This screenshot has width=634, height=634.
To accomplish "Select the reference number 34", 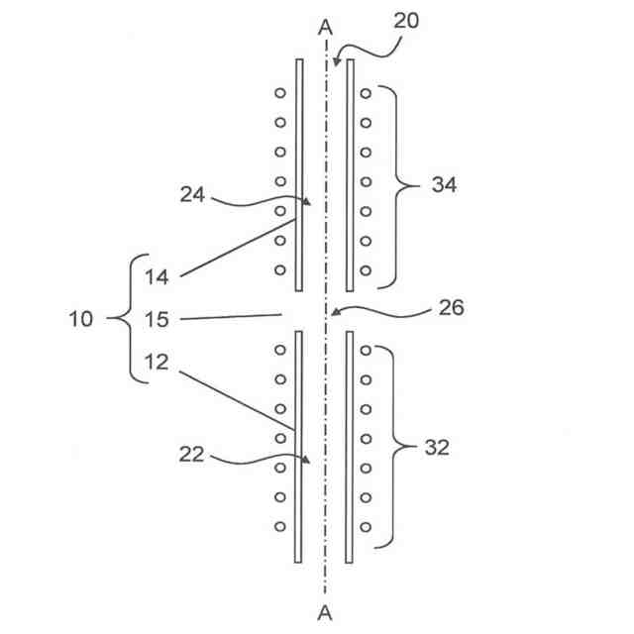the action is click(x=443, y=184).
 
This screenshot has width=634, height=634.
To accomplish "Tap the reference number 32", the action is click(x=436, y=447).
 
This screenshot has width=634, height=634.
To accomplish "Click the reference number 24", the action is click(x=194, y=195).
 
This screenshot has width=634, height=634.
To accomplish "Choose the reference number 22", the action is click(x=194, y=455).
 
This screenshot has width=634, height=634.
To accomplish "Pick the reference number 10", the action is click(x=82, y=319).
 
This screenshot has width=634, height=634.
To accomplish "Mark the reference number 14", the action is click(x=158, y=276).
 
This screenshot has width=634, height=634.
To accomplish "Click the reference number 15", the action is click(x=158, y=319).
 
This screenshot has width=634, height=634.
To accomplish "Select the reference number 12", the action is click(x=158, y=362).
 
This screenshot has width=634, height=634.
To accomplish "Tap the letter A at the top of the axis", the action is click(x=325, y=27).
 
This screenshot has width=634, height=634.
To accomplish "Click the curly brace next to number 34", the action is click(x=397, y=184).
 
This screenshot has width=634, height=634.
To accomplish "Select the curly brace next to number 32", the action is click(x=395, y=447).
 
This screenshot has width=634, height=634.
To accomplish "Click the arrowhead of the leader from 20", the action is click(x=337, y=64).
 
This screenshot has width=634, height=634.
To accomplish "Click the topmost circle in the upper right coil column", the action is click(x=366, y=93).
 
